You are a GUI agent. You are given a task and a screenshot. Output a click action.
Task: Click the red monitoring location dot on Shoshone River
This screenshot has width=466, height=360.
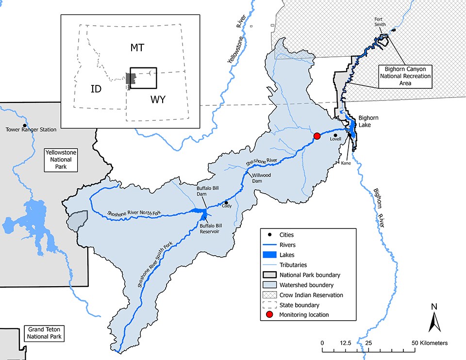(317, 136)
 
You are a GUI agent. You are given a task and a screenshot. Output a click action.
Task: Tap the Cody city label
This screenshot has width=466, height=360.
(227, 206)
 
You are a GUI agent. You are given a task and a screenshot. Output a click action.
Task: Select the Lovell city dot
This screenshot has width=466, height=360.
(335, 135)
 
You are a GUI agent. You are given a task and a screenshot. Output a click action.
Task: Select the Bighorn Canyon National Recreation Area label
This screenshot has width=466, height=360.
(405, 76)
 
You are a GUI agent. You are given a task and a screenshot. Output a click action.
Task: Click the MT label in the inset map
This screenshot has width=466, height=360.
(138, 47)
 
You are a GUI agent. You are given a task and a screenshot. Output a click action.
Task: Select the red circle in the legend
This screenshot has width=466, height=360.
(270, 315)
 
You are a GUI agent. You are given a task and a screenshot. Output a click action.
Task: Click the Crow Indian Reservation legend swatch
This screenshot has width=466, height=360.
(270, 295)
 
